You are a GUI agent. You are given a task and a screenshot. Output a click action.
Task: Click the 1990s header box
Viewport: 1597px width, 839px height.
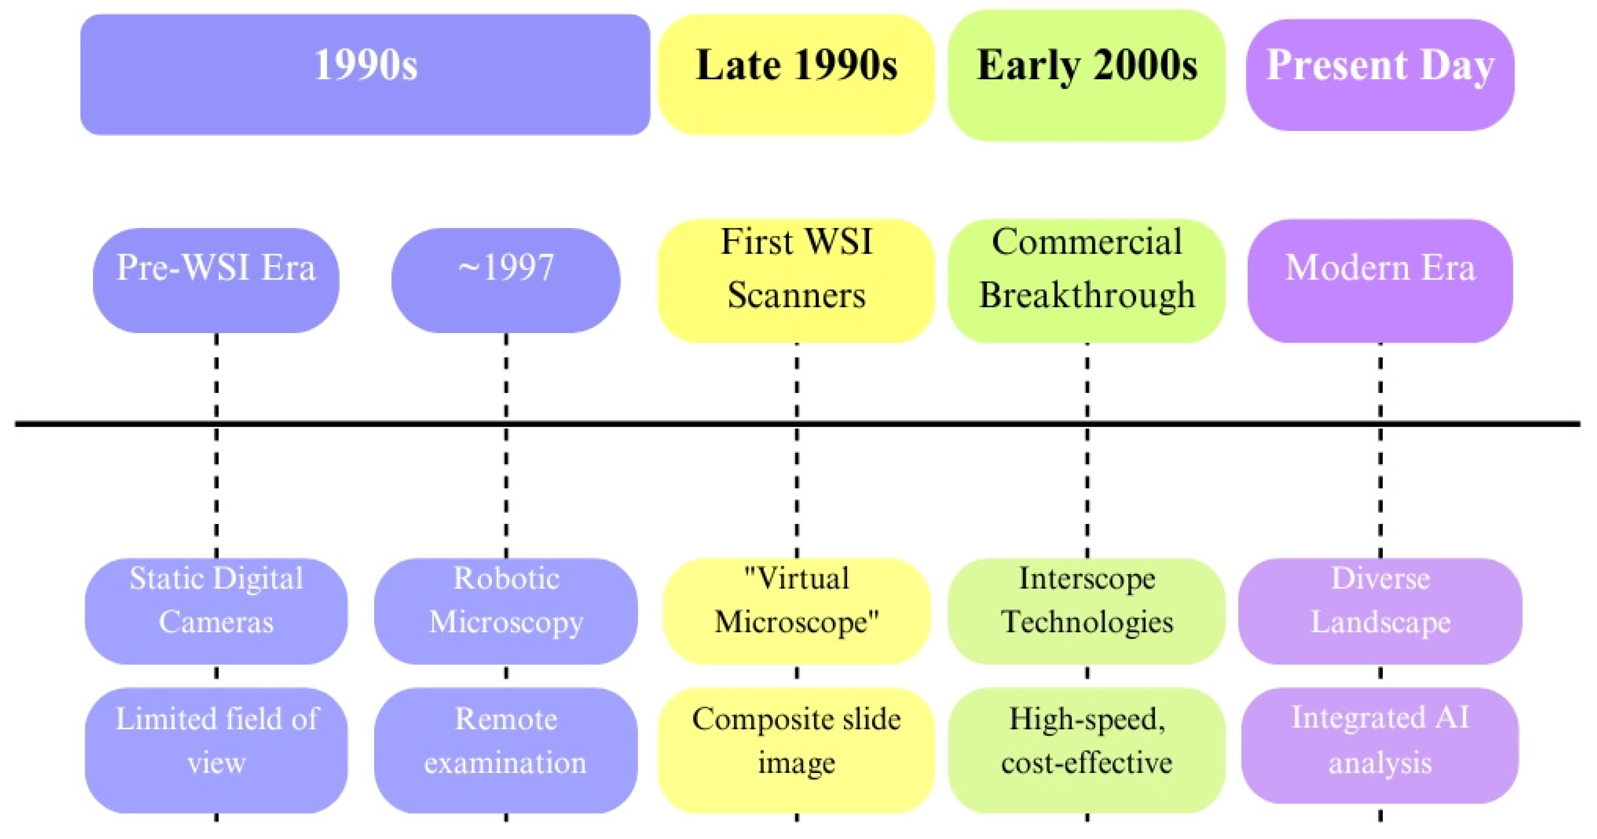365,74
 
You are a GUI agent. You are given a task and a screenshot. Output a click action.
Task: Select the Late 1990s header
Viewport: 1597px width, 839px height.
796,74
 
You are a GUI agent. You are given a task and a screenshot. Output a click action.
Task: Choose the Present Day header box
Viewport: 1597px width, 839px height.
1380,75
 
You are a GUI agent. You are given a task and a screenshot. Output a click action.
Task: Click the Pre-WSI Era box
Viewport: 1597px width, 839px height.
216,280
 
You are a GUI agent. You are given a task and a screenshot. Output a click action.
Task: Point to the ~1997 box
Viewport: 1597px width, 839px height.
506,280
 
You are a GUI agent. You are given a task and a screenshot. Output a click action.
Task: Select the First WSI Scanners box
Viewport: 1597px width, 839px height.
796,281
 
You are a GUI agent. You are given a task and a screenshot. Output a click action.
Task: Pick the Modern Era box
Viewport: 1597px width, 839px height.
1380,281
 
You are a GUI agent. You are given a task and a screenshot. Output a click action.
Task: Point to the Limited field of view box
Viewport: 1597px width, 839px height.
216,750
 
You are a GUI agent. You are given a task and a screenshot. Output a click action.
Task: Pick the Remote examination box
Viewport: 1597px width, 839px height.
506,750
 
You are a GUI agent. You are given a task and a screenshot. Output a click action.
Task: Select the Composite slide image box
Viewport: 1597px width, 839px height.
796,750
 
